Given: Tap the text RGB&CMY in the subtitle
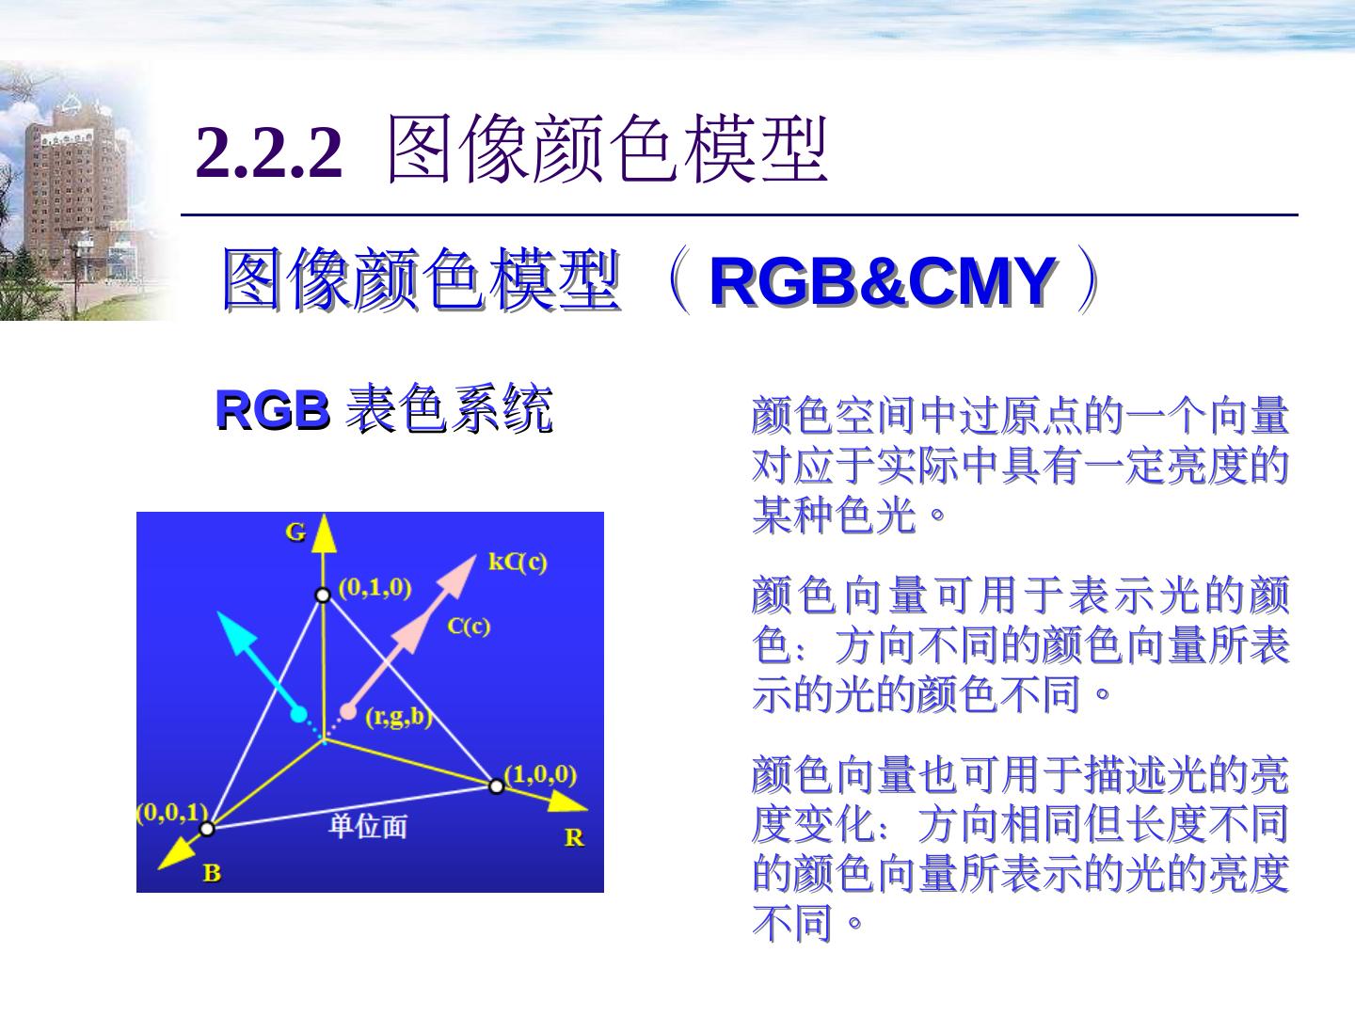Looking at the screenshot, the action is (x=882, y=281).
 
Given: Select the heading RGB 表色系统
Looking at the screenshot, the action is (x=383, y=409).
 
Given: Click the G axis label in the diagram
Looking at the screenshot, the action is (x=295, y=532).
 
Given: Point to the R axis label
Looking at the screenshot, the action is (x=574, y=836).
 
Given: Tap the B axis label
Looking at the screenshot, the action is (x=213, y=873).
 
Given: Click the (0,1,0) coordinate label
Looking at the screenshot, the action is (x=375, y=588).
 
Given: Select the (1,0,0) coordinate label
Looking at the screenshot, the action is (x=541, y=774).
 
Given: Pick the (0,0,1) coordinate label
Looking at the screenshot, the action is (x=171, y=812).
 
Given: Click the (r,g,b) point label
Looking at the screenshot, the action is (x=397, y=717).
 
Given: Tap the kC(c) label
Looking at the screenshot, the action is (x=518, y=562).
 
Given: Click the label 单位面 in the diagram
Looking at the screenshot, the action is (x=367, y=826).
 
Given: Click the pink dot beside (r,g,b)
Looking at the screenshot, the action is (x=348, y=712).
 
